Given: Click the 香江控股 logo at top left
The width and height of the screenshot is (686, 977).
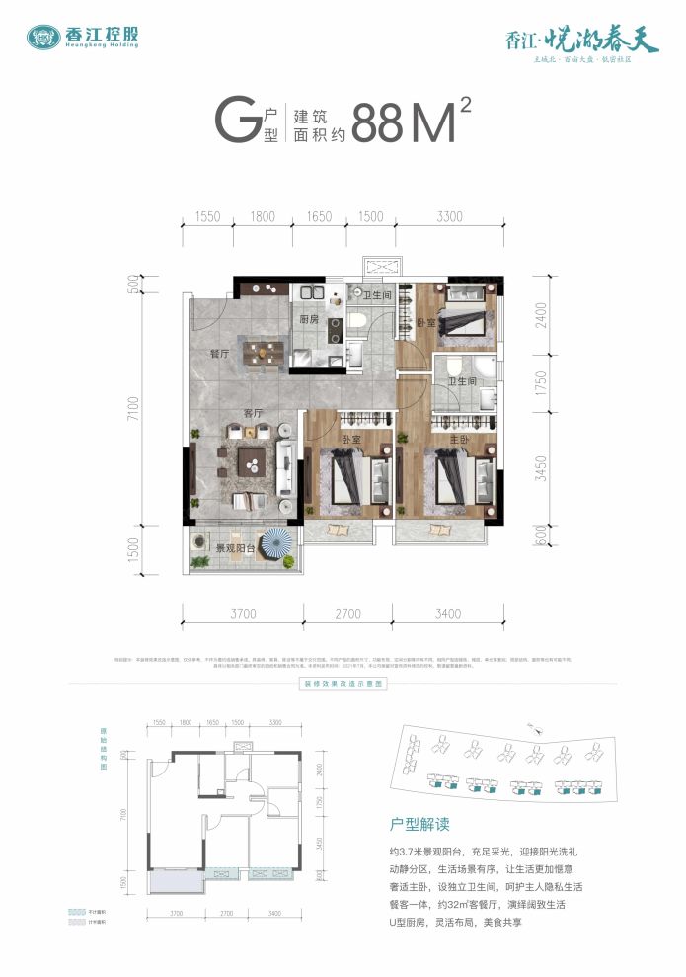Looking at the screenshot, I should click(83, 38).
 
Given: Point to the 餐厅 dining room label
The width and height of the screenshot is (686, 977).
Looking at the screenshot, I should click(219, 353).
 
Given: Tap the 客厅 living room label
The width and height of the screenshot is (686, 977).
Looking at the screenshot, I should click(253, 413).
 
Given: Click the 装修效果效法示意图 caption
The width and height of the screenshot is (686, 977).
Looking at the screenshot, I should click(343, 683).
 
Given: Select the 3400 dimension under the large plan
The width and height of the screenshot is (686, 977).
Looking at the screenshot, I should click(446, 613).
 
